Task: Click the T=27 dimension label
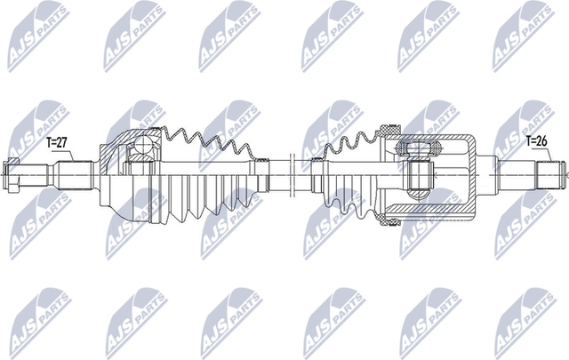[57, 140]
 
